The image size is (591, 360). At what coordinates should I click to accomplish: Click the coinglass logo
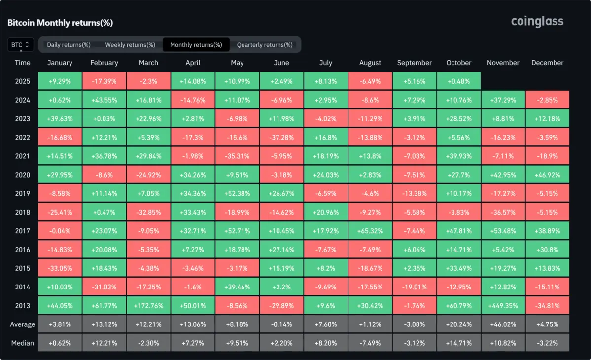pos(537,22)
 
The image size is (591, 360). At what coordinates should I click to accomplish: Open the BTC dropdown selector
pos(21,45)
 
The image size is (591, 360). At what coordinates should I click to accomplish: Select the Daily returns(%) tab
pos(69,45)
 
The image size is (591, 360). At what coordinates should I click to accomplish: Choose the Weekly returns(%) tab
pos(130,45)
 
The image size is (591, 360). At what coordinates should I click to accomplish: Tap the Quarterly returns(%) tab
pos(265,45)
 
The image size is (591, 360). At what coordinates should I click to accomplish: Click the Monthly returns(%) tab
pos(196,45)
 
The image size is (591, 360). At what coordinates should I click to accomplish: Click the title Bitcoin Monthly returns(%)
pos(60,23)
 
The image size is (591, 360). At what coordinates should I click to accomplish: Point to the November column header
pos(503,63)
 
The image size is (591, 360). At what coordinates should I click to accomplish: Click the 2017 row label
pos(23,231)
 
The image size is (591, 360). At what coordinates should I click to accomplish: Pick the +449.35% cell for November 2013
pos(503,306)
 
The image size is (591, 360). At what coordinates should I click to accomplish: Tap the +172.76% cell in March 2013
pos(148,306)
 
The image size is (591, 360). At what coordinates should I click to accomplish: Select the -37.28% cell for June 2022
pos(281,137)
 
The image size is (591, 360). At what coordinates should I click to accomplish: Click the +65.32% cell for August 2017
pos(370,231)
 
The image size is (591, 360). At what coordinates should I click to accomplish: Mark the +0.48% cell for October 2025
pos(458,81)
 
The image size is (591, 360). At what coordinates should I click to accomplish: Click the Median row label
pos(23,343)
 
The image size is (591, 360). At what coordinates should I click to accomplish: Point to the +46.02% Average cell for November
pos(503,324)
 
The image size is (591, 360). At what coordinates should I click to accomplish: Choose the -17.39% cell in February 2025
pos(104,81)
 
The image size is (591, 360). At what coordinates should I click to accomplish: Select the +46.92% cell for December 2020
pos(547,175)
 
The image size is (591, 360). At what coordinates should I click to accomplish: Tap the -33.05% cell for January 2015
pos(60,268)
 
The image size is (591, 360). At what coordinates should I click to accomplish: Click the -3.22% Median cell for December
pos(547,343)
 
